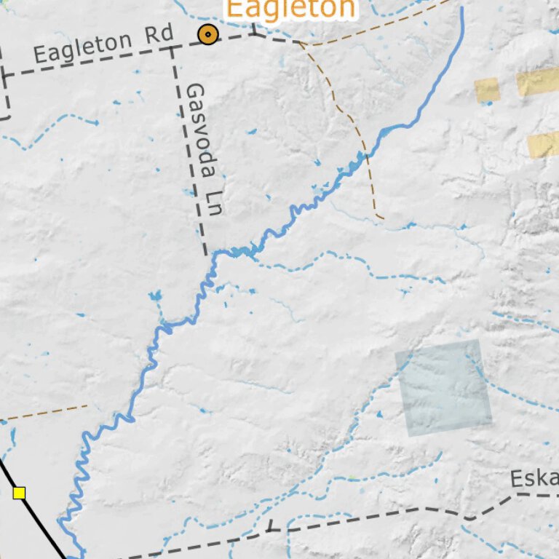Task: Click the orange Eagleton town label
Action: click(x=291, y=9)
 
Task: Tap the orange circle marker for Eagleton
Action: click(x=208, y=34)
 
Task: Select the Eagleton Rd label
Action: click(x=103, y=44)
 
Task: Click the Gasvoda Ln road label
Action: click(x=203, y=149)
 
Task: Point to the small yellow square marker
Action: click(x=19, y=493)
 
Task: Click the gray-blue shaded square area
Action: click(x=443, y=388)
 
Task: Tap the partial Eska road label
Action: click(x=534, y=479)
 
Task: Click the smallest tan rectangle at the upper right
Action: click(x=487, y=89)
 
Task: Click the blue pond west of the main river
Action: click(x=154, y=296)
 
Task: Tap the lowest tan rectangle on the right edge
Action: click(x=543, y=145)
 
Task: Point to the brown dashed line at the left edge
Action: click(x=44, y=413)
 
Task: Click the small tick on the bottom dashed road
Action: click(x=269, y=525)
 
